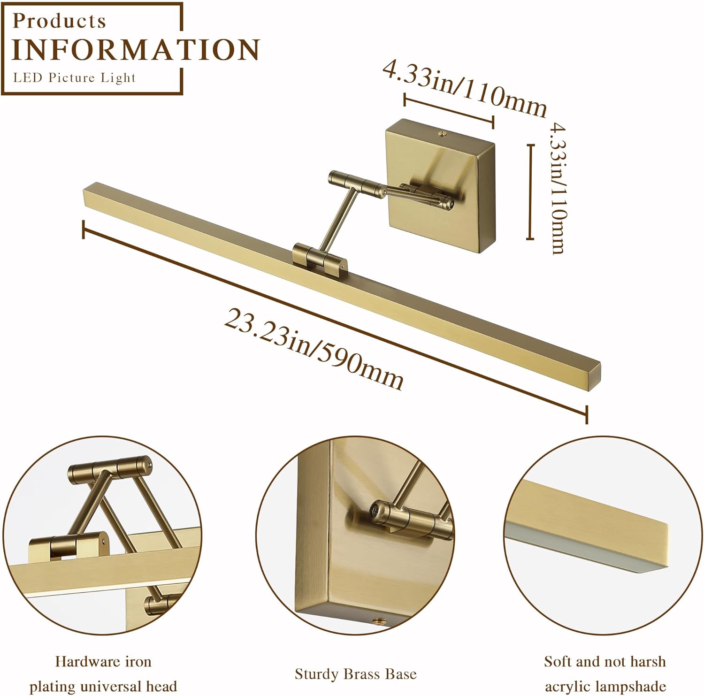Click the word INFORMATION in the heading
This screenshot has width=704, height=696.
coord(135,50)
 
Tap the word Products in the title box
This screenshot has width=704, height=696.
coord(59,21)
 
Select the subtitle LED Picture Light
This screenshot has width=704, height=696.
coord(74,78)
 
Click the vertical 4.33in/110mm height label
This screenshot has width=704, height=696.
coord(558,188)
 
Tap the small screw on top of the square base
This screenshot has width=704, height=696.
coord(442,134)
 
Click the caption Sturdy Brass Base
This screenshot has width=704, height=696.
coord(355,674)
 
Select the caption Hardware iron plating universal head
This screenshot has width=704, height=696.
coord(103,674)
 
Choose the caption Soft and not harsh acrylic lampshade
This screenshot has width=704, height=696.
coord(605,674)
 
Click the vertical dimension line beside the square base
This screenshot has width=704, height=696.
coord(531,192)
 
